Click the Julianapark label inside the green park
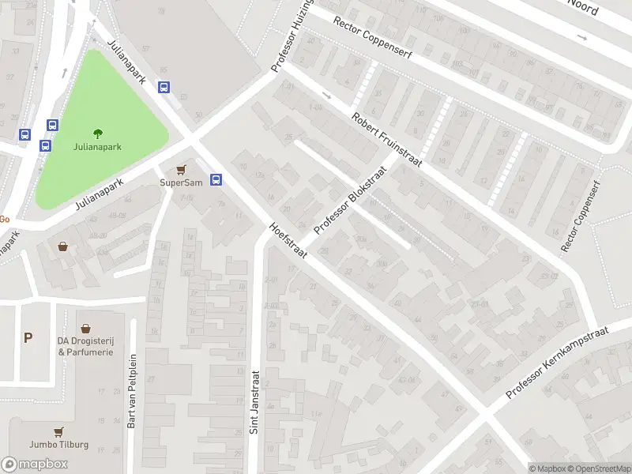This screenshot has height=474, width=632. tap(97, 147)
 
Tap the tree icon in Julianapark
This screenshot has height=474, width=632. tap(98, 133)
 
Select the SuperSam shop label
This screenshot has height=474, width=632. tap(182, 182)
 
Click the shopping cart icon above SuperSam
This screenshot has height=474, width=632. tap(182, 169)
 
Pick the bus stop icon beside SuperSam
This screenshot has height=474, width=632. tap(216, 179)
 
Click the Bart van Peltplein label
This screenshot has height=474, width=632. tap(132, 390)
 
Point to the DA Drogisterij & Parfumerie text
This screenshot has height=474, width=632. tap(85, 346)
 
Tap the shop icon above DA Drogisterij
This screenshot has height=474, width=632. tap(85, 327)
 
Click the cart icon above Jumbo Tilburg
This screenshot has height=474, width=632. tap(58, 431)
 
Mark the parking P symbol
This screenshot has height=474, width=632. tap(28, 338)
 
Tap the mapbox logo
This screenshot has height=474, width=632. tap(35, 465)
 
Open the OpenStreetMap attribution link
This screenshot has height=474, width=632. tap(598, 468)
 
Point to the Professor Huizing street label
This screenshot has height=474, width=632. tap(292, 36)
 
